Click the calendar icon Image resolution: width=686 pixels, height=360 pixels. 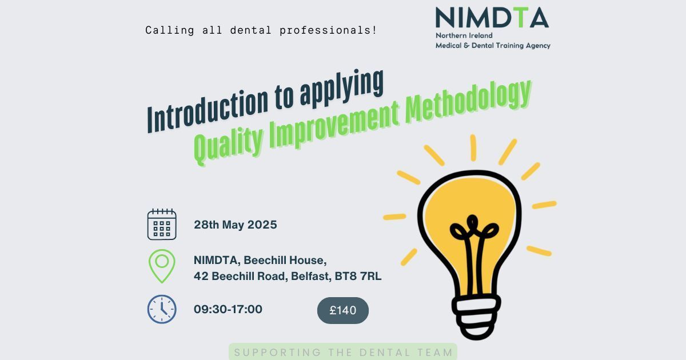[162, 224]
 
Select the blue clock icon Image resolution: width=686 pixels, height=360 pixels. [162, 309]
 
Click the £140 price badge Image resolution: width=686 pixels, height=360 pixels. [342, 310]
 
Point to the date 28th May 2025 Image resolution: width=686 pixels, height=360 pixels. [235, 225]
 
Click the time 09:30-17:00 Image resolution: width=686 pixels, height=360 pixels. [228, 309]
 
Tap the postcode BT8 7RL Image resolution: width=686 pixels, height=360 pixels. [358, 276]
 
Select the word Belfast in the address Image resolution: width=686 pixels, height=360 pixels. [311, 276]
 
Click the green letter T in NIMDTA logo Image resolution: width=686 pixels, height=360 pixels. [521, 18]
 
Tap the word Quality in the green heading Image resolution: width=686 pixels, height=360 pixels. [228, 145]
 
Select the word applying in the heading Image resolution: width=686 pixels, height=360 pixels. [342, 88]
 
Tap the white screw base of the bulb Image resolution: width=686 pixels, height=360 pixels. [476, 317]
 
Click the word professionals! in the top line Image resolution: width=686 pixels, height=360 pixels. [328, 30]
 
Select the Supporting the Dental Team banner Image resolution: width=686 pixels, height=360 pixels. [343, 352]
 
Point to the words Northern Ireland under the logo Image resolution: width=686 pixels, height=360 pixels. [464, 35]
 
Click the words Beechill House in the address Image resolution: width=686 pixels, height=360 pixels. [285, 260]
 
